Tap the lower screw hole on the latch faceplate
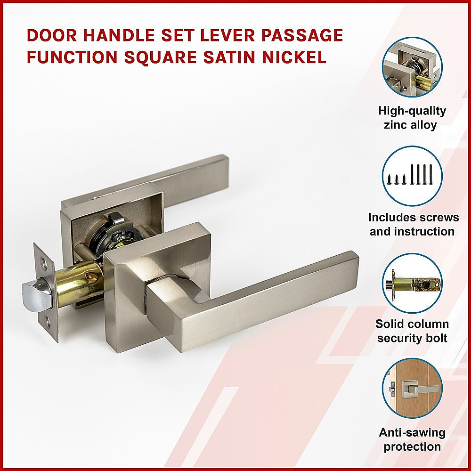coord(48,322)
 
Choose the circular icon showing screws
coord(412,176)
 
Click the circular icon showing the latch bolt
coord(412,284)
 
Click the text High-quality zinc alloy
coord(412,118)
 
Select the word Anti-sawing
coord(412,432)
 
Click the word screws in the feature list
coord(440,218)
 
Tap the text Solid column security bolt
coord(412,331)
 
